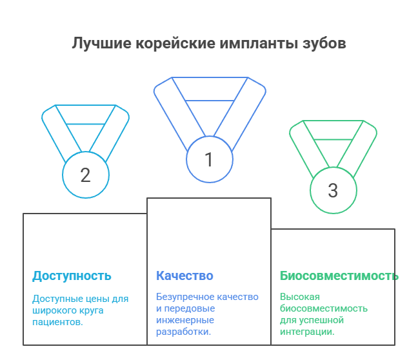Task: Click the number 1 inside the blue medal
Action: (x=208, y=159)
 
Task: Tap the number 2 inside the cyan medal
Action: (x=85, y=174)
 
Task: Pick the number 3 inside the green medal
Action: (x=333, y=190)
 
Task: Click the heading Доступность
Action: (x=72, y=276)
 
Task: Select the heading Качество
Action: (x=184, y=276)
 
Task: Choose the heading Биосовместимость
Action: (x=339, y=276)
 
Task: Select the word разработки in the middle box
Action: (x=183, y=332)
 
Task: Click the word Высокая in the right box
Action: (x=299, y=297)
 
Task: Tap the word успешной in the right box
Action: (x=320, y=320)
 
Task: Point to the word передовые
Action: (x=193, y=308)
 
